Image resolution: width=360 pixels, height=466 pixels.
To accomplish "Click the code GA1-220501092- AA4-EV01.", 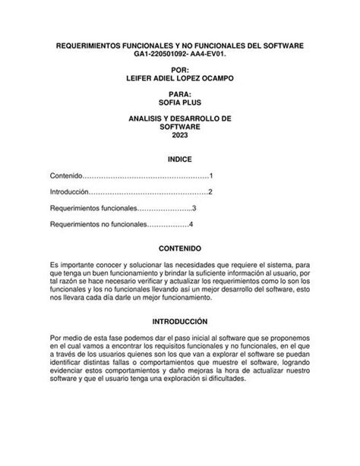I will (179, 55).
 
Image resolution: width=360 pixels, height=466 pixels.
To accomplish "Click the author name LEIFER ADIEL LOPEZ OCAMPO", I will (179, 78).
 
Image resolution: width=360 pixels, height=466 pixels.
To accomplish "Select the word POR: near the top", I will (179, 69).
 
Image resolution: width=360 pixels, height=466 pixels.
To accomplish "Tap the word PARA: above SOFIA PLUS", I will (179, 93).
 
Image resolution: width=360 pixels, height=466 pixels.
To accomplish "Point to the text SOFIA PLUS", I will (179, 102).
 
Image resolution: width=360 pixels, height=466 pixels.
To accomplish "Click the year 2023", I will (179, 135).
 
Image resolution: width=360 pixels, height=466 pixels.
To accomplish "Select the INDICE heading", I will (179, 160).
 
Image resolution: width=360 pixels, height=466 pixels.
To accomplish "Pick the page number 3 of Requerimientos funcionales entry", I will (194, 208).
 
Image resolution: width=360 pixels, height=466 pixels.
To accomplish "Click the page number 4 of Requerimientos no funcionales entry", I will (191, 224).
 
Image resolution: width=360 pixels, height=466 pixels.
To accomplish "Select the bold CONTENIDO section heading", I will (179, 248).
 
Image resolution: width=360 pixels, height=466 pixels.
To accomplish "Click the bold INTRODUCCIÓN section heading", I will (179, 322).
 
